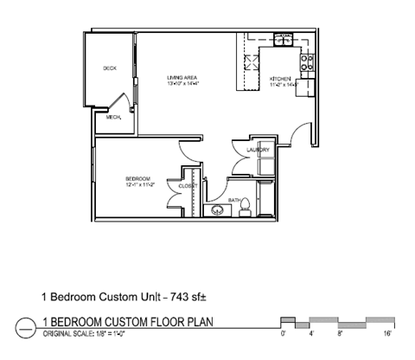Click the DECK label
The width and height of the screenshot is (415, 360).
[110, 67]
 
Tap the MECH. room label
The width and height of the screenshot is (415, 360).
[112, 119]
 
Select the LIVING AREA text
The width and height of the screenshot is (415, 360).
[182, 78]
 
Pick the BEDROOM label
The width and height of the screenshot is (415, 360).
[138, 179]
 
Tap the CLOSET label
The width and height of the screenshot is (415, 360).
[188, 186]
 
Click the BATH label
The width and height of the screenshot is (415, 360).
[233, 200]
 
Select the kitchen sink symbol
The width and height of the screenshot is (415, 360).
[283, 39]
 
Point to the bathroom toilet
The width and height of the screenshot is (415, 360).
[245, 207]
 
